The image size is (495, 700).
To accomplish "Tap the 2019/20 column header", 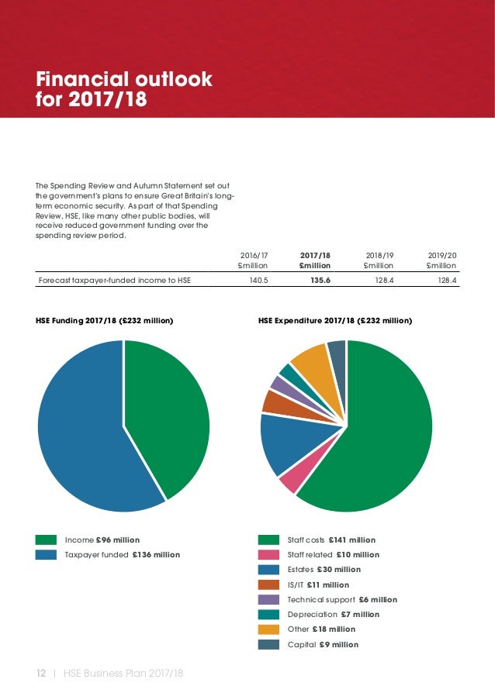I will coord(442,260).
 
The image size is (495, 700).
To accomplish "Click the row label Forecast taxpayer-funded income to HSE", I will coord(114,281).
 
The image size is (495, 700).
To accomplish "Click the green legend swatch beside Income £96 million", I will coord(46,540).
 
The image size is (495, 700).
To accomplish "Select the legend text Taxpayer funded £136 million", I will coord(122,554).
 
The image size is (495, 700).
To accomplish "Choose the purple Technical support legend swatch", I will coord(268,599).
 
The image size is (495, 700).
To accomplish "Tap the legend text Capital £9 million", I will coord(323,644).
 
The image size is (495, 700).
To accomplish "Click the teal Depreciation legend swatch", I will coord(268,614).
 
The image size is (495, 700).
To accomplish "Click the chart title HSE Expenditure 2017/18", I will coord(334,320).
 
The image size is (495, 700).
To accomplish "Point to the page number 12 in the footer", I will coord(42,673).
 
